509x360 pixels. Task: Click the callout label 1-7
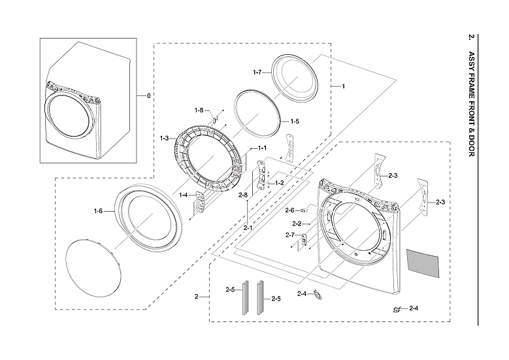[257, 71]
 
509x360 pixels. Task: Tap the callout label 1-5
[294, 122]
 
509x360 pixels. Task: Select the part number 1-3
[164, 138]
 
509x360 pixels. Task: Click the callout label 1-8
[199, 110]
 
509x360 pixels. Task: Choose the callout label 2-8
[243, 195]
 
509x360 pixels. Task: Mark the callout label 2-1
[248, 228]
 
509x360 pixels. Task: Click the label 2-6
[289, 210]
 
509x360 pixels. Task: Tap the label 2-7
[289, 235]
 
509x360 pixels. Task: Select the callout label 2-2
[296, 223]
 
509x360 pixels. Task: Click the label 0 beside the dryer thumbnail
[148, 96]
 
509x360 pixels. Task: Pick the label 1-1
[262, 148]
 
